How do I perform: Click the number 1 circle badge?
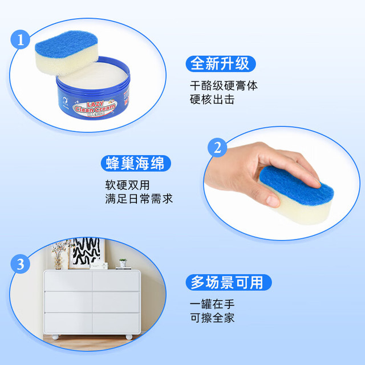click(x=21, y=39)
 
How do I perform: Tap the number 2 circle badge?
click(x=217, y=148)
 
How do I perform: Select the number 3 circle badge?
click(x=21, y=264)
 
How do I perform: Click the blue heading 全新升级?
click(x=221, y=63)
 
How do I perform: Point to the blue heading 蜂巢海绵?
click(x=136, y=163)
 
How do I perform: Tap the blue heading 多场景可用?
click(x=229, y=282)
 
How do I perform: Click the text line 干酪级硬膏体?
click(x=224, y=86)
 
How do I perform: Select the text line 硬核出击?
click(x=212, y=100)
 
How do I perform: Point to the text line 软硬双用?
click(x=127, y=185)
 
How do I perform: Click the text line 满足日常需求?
click(x=139, y=199)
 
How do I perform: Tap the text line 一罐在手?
click(x=212, y=304)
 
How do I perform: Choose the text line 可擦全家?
click(x=212, y=318)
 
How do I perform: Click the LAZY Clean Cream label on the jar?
click(x=95, y=108)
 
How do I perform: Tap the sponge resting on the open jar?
click(x=67, y=53)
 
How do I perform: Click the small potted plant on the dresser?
click(x=123, y=262)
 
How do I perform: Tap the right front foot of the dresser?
click(x=129, y=337)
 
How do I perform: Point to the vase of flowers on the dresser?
click(x=58, y=255)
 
